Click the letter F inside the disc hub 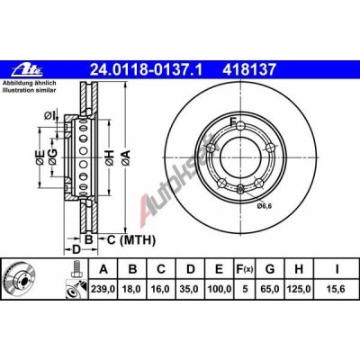233,122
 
